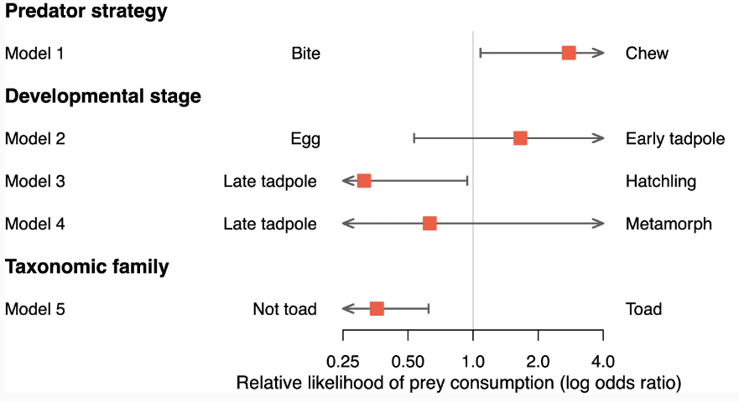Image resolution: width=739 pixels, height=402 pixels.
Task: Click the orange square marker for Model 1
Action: [x=569, y=53]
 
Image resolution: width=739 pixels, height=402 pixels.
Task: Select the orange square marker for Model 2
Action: [x=520, y=138]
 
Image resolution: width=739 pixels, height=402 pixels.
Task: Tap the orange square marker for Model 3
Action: [x=364, y=181]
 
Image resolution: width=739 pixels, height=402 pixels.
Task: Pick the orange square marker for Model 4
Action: [x=429, y=224]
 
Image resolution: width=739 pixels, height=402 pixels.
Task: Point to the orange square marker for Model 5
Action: [x=377, y=309]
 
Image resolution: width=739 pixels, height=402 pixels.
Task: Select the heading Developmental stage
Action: [x=103, y=96]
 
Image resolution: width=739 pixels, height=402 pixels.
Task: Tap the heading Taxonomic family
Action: [x=87, y=267]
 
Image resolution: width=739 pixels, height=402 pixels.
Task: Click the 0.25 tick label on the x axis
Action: [x=342, y=362]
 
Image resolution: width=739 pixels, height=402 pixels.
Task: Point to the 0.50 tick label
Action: [x=408, y=362]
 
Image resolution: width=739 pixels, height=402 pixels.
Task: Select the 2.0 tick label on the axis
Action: [x=538, y=362]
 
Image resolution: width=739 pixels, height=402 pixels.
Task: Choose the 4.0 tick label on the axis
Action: [x=603, y=362]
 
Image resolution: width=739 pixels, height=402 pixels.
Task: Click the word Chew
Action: [x=647, y=54]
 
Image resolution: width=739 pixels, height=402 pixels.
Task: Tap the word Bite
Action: [x=305, y=54]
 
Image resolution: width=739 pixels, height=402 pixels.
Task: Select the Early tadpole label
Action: [x=674, y=139]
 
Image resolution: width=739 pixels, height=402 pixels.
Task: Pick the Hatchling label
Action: [x=660, y=182]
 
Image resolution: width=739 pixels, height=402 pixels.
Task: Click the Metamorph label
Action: [x=669, y=224]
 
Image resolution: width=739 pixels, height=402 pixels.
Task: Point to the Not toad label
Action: [x=284, y=310]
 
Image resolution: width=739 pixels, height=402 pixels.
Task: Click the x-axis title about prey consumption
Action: [x=458, y=384]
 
